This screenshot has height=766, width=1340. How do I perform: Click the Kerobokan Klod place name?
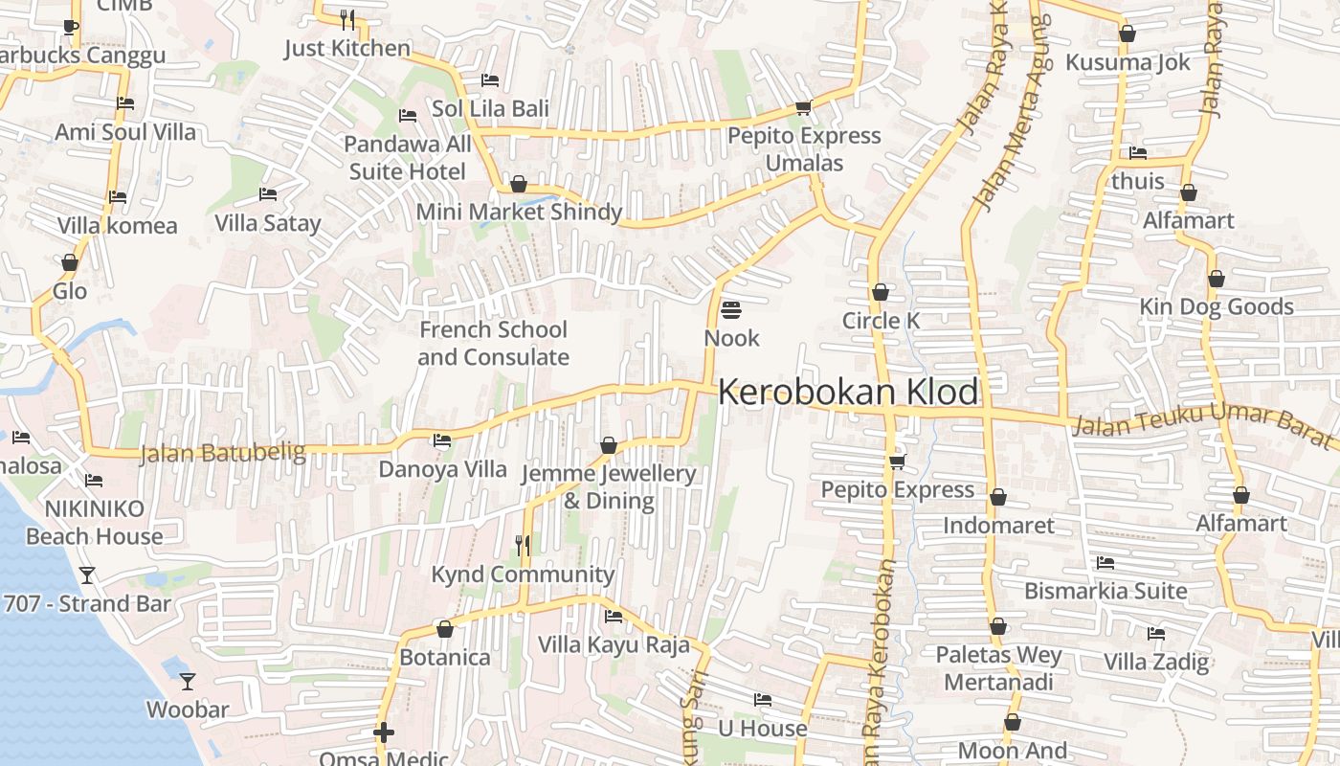(x=848, y=393)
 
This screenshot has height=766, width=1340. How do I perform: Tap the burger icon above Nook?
(x=731, y=309)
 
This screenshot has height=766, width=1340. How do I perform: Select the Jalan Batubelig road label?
(x=222, y=452)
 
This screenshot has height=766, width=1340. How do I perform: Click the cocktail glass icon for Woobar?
(x=188, y=681)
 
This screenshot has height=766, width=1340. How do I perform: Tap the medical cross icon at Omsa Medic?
(x=383, y=733)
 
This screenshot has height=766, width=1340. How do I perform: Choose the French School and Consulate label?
(x=493, y=343)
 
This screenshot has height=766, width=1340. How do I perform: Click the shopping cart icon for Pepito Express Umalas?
(x=803, y=108)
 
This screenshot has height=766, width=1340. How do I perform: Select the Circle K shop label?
(x=881, y=321)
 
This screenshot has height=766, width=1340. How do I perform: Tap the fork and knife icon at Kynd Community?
(x=523, y=546)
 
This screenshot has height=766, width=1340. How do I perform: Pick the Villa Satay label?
(x=268, y=223)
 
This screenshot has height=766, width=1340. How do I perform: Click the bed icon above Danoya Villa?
(x=441, y=440)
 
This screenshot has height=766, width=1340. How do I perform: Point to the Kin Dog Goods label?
(x=1216, y=307)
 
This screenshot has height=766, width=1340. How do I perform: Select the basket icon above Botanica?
(x=444, y=629)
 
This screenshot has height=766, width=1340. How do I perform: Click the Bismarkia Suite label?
(x=1105, y=591)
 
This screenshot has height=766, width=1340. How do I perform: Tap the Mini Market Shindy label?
(x=519, y=212)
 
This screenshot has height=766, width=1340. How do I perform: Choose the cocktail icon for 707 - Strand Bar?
(x=87, y=574)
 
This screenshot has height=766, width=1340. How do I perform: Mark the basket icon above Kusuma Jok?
(x=1127, y=34)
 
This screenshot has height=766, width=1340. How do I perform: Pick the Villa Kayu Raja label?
(x=614, y=644)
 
